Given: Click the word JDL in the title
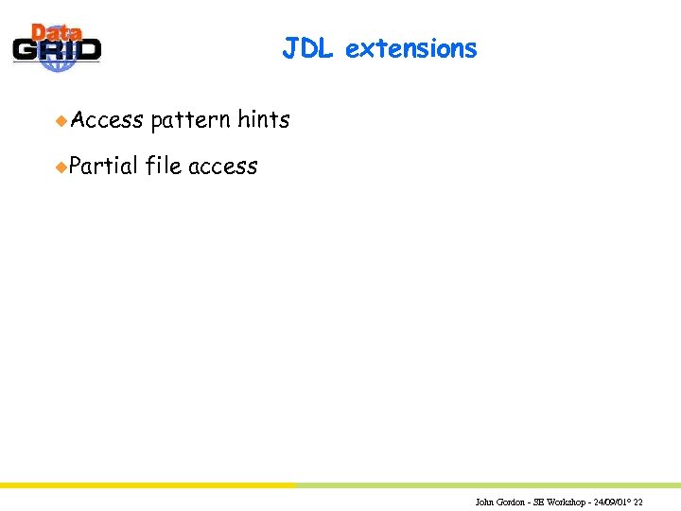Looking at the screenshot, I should click(x=307, y=48).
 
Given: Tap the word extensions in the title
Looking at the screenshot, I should click(x=410, y=48).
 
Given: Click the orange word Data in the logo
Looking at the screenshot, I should click(x=56, y=34).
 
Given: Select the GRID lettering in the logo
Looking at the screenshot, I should click(x=57, y=50).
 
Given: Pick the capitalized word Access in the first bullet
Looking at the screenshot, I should click(x=107, y=120).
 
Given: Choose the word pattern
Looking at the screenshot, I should click(x=190, y=120).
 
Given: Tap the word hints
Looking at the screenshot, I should click(x=263, y=120).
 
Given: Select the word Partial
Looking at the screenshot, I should click(x=103, y=167).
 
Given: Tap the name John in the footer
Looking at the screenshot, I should click(x=484, y=502).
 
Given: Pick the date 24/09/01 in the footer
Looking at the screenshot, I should click(x=610, y=502).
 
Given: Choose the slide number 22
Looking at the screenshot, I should click(x=638, y=502).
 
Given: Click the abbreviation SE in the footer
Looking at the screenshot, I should click(x=538, y=502).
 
